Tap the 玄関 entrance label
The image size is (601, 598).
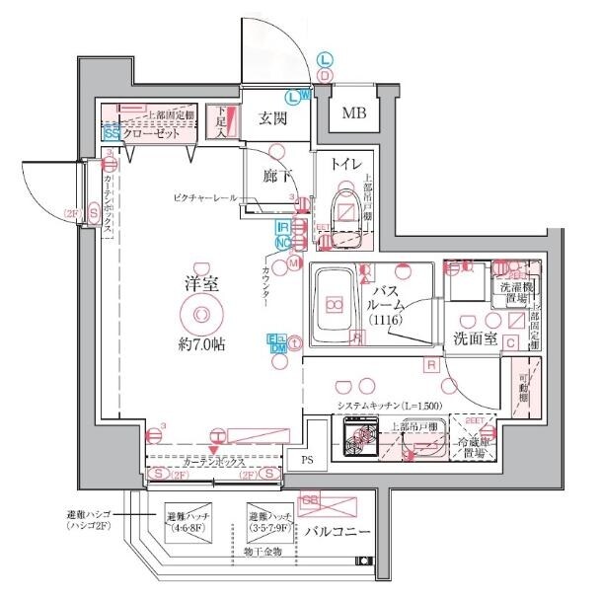tap(272, 119)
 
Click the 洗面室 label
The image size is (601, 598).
tap(472, 338)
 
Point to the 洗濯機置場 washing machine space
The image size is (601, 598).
tap(513, 292)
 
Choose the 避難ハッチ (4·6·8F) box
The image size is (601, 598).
tap(188, 521)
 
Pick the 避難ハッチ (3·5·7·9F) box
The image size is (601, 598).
tap(270, 521)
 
